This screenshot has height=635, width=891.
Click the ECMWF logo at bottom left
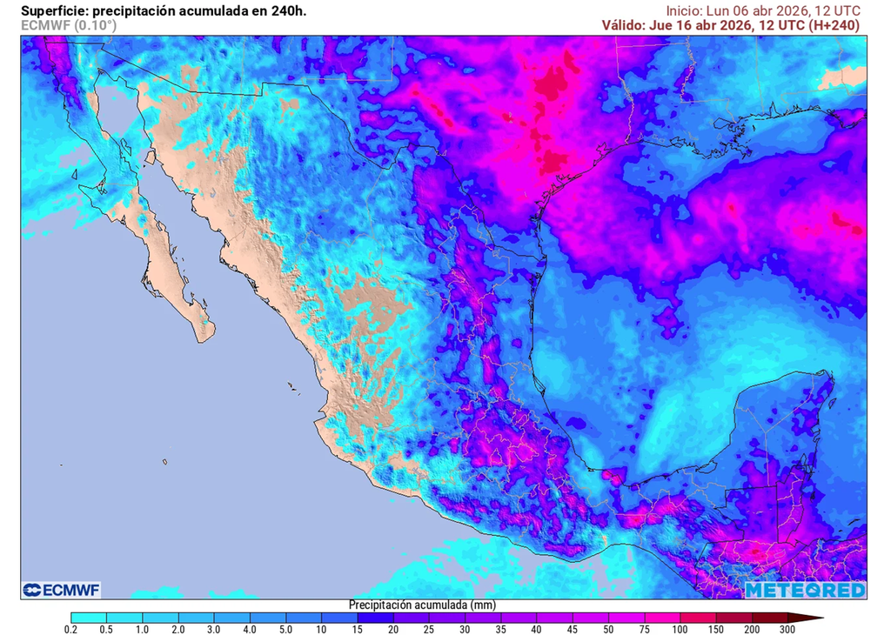click(x=62, y=591)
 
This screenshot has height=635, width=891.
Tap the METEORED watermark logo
click(x=805, y=591)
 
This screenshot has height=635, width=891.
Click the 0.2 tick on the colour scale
click(x=72, y=628)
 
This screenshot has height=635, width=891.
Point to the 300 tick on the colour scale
click(x=787, y=628)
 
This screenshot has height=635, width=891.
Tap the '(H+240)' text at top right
click(x=833, y=25)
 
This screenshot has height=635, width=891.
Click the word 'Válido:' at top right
click(x=623, y=25)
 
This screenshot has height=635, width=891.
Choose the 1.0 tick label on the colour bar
click(x=143, y=628)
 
